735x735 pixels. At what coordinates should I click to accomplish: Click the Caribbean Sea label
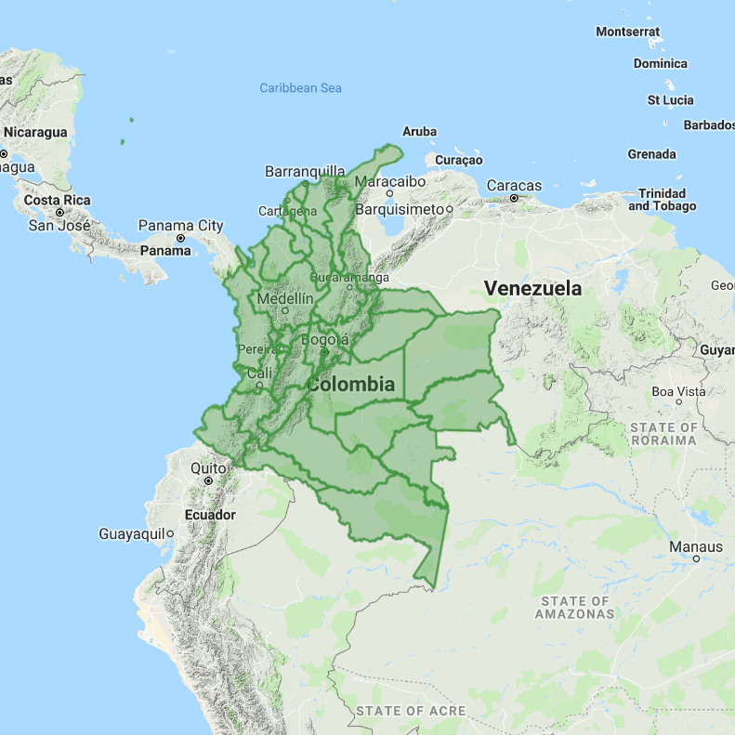300,88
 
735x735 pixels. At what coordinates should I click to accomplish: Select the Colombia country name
351,384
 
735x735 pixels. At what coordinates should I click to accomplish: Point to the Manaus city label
696,547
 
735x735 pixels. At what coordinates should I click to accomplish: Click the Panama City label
180,225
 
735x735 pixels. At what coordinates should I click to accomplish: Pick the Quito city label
208,468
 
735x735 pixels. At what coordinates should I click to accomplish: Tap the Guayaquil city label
132,533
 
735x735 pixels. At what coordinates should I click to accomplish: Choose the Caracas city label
514,185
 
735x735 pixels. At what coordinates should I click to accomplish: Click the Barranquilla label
305,171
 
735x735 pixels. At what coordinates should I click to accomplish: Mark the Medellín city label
284,299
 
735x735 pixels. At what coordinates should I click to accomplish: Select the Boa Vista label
678,391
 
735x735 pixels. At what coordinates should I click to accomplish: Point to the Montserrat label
627,32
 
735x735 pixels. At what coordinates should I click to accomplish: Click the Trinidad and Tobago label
662,200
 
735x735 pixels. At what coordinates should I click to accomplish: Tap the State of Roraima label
663,433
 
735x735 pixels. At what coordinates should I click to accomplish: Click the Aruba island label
419,132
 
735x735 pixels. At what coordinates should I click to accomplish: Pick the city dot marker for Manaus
696,559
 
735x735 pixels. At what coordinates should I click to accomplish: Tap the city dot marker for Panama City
181,238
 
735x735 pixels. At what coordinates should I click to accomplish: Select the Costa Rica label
57,200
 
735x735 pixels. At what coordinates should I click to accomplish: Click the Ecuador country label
210,515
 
